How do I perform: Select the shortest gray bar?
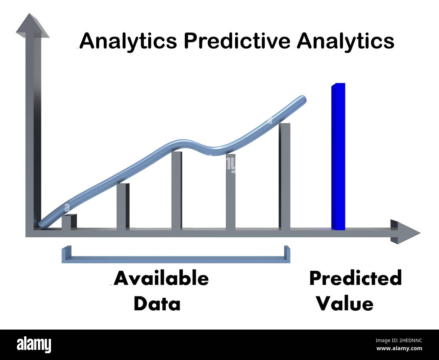pyautogui.click(x=69, y=222)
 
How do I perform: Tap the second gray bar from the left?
pyautogui.click(x=123, y=206)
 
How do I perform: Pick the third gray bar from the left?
pyautogui.click(x=177, y=191)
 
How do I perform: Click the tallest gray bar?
pyautogui.click(x=284, y=176)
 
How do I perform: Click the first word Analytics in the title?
pyautogui.click(x=128, y=41)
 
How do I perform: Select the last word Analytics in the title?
pyautogui.click(x=345, y=41)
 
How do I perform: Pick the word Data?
pyautogui.click(x=157, y=304)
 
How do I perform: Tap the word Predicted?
pyautogui.click(x=355, y=279)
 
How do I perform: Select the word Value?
pyautogui.click(x=345, y=304)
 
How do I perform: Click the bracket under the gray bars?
pyautogui.click(x=176, y=259)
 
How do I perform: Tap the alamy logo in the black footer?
pyautogui.click(x=34, y=345)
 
